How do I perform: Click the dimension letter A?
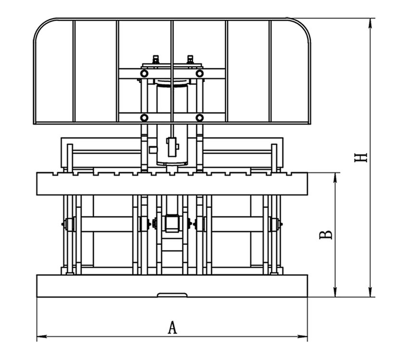(x=173, y=327)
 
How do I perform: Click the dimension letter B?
(x=326, y=235)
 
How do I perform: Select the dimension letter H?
(x=361, y=158)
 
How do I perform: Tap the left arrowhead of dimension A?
(x=41, y=336)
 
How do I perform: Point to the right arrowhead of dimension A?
(x=303, y=336)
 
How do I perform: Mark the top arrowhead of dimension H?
(x=370, y=23)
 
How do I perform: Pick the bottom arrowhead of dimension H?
(x=370, y=292)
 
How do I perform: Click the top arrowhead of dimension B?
(x=335, y=177)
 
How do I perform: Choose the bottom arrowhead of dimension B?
(x=335, y=292)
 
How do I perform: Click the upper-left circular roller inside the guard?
(x=144, y=74)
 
